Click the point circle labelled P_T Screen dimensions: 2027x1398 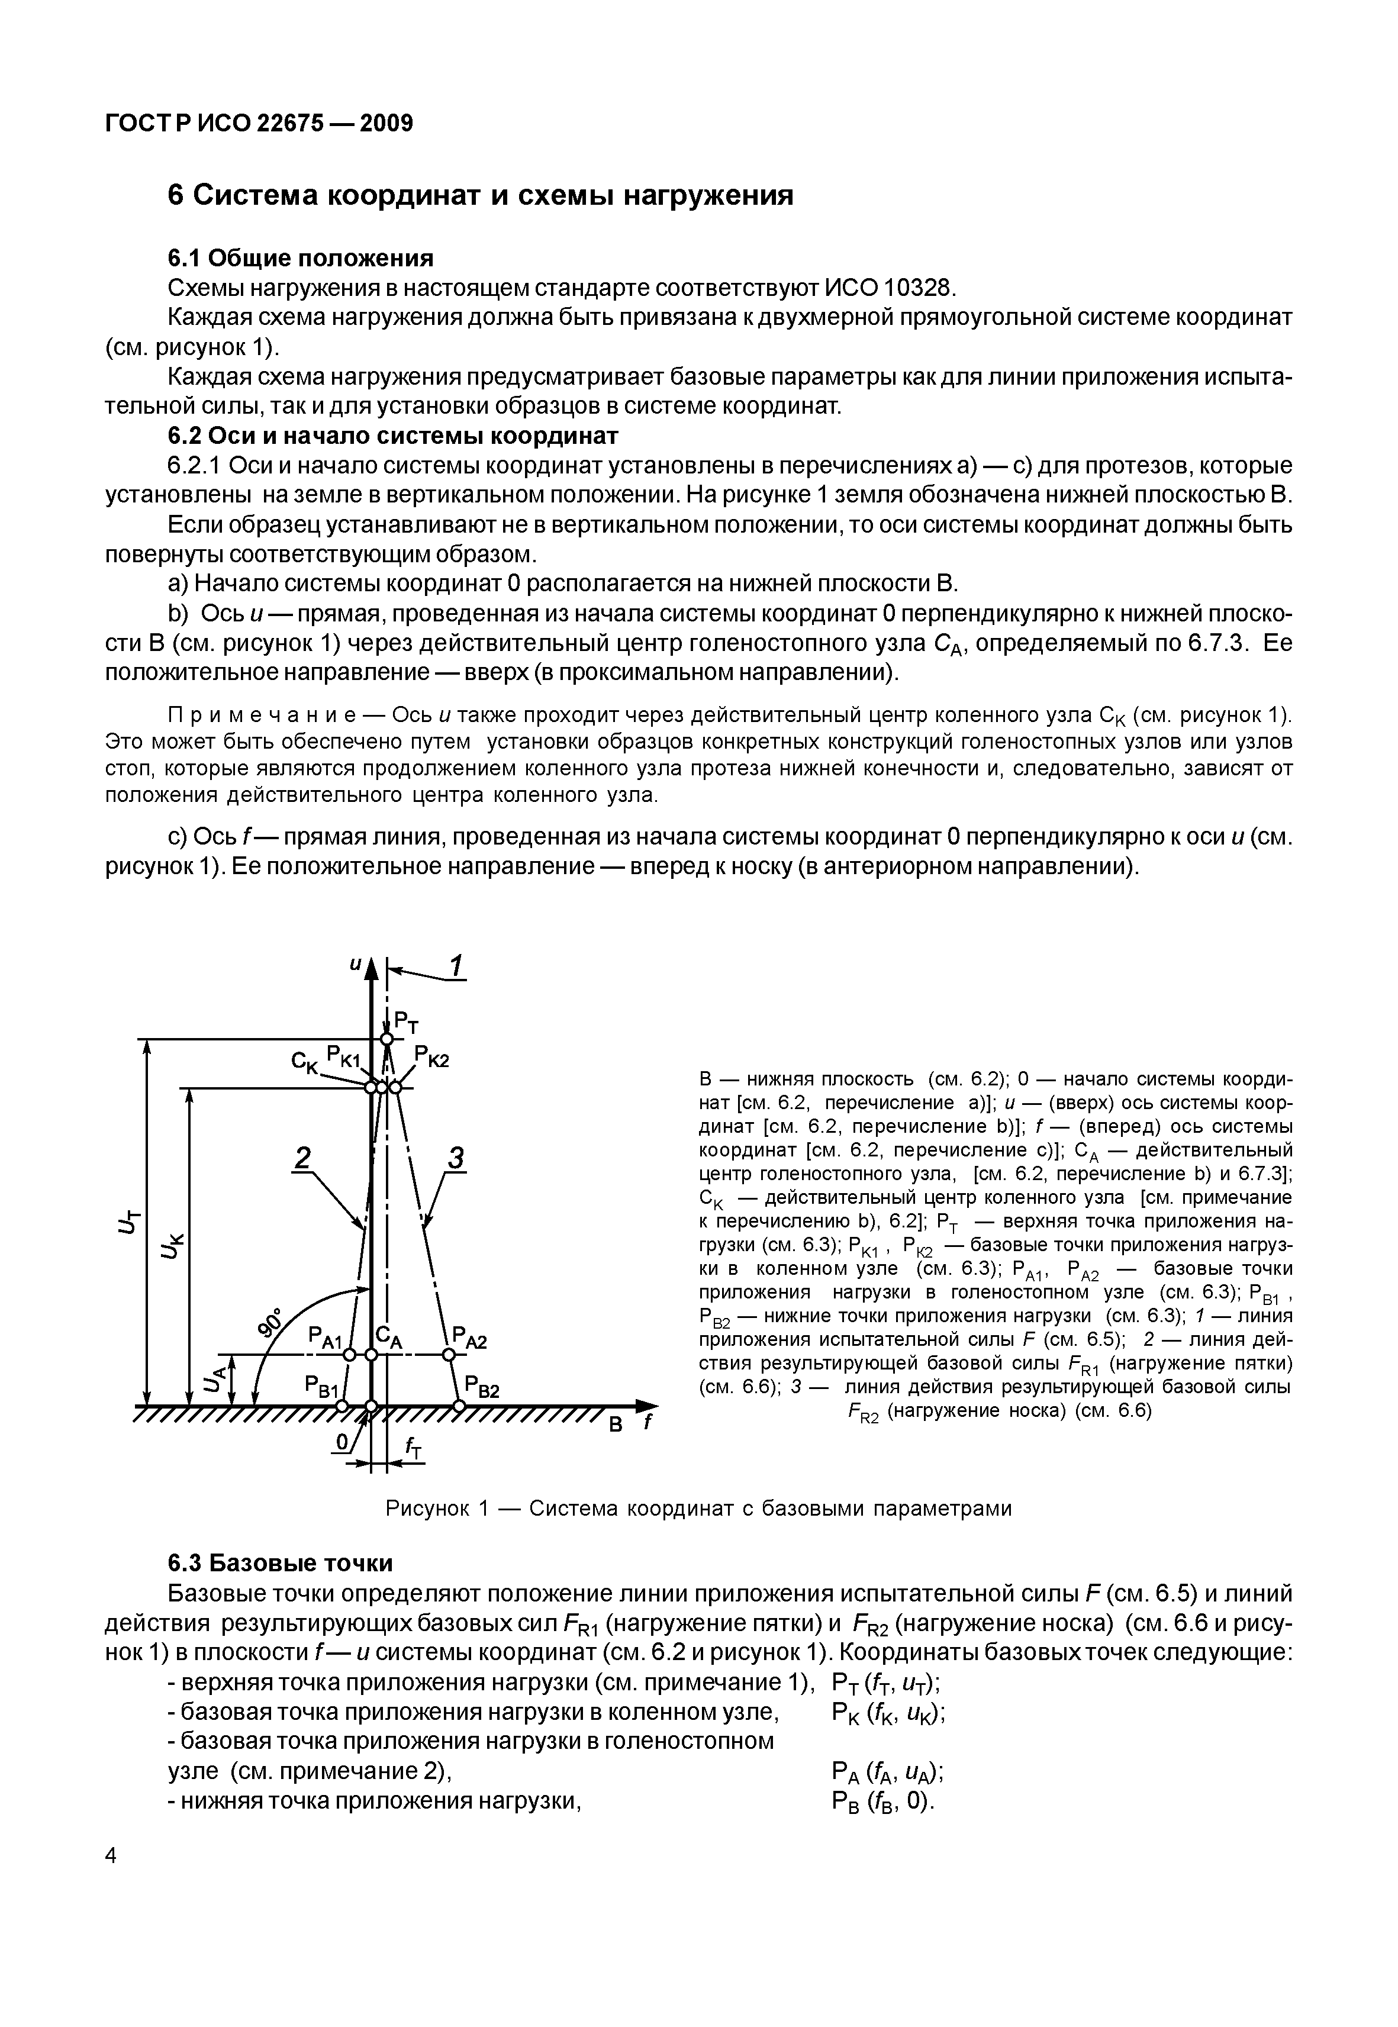(386, 1039)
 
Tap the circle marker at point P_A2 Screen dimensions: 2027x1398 (449, 1355)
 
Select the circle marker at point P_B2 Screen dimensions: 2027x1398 (458, 1406)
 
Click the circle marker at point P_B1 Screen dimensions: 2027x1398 (343, 1406)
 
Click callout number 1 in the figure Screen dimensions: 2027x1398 (456, 967)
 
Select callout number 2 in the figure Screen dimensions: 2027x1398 (302, 1159)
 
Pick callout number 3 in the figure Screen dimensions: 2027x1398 (456, 1159)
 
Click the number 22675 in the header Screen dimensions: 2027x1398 (289, 124)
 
